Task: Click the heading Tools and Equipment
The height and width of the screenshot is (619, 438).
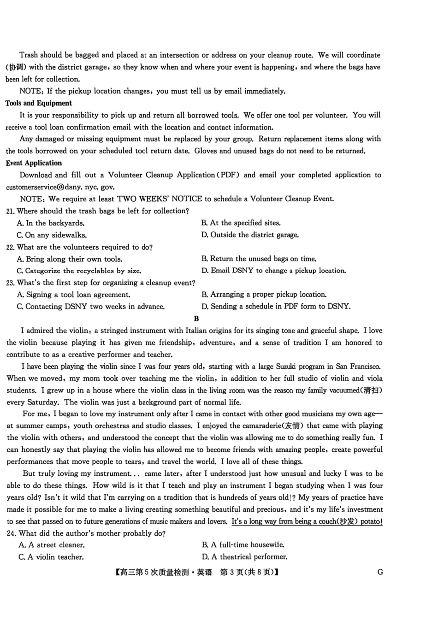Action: click(39, 103)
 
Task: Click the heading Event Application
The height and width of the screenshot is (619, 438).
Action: click(34, 163)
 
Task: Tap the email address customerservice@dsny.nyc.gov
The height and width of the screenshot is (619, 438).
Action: click(60, 187)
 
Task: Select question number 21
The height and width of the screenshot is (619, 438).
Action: click(10, 211)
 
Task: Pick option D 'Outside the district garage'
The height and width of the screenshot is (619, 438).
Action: click(250, 235)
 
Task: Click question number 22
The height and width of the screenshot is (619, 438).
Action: click(10, 247)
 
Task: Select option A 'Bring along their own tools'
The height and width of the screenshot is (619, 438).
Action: click(70, 259)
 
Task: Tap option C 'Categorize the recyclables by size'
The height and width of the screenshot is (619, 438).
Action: click(79, 271)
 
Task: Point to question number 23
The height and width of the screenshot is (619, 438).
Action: click(10, 283)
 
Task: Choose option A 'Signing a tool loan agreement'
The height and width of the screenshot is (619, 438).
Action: click(73, 295)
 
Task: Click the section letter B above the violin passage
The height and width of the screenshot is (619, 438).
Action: click(196, 319)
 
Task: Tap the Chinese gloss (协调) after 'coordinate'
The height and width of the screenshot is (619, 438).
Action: click(16, 67)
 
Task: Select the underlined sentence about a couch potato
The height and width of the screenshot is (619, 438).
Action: click(307, 522)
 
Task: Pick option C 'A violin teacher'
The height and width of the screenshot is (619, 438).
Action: click(51, 557)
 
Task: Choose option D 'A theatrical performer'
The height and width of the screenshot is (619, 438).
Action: click(244, 557)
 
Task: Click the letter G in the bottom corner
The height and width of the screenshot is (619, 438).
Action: click(380, 572)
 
